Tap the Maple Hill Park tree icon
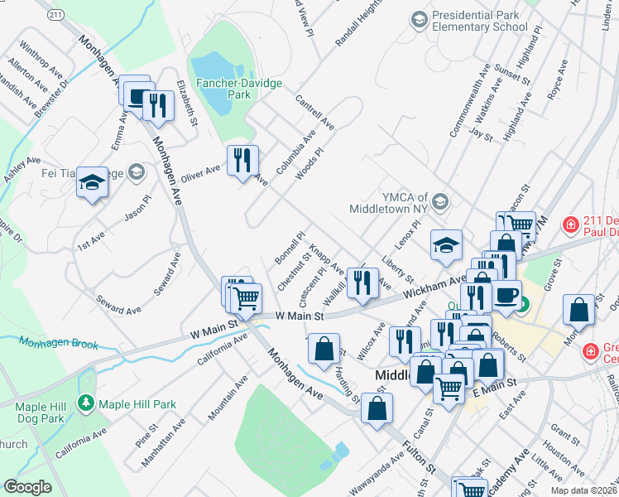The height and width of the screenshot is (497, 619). [86, 403]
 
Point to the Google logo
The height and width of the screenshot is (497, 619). [27, 487]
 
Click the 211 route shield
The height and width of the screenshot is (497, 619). [56, 16]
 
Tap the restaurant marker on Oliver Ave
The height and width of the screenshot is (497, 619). [242, 159]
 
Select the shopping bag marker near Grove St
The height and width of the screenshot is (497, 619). [579, 309]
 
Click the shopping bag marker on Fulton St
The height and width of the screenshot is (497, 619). [377, 408]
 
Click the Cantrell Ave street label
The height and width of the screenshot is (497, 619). [314, 112]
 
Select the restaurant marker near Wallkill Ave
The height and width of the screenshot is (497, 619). [362, 282]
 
